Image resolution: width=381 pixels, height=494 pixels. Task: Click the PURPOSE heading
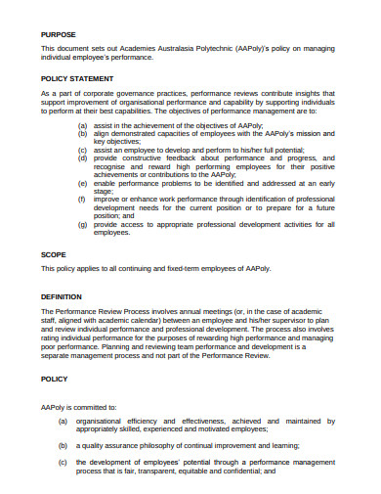(x=58, y=33)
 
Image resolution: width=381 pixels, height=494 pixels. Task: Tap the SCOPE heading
(x=54, y=253)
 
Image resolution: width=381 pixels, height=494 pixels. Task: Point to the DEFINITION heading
(x=62, y=295)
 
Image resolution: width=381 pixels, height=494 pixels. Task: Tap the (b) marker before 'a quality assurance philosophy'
(x=63, y=442)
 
